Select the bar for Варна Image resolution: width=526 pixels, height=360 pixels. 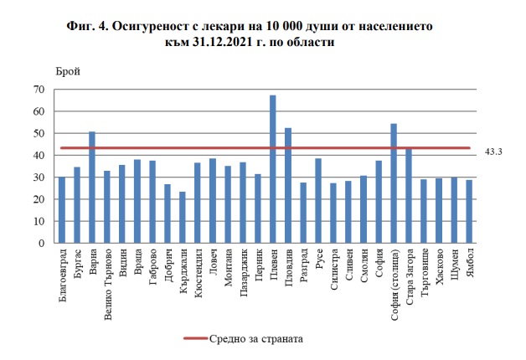pyautogui.click(x=91, y=188)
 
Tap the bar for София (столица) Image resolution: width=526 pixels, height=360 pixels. pyautogui.click(x=394, y=183)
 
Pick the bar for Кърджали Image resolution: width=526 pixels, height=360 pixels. pyautogui.click(x=182, y=218)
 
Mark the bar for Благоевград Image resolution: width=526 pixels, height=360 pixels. pyautogui.click(x=61, y=210)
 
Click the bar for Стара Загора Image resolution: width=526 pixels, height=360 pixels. pyautogui.click(x=409, y=196)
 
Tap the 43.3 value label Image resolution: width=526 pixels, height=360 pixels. pyautogui.click(x=493, y=152)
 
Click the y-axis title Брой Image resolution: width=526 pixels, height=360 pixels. pyautogui.click(x=68, y=72)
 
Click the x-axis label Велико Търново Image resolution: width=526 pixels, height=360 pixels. pyautogui.click(x=107, y=281)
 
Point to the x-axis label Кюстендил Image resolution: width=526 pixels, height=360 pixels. pyautogui.click(x=198, y=271)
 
